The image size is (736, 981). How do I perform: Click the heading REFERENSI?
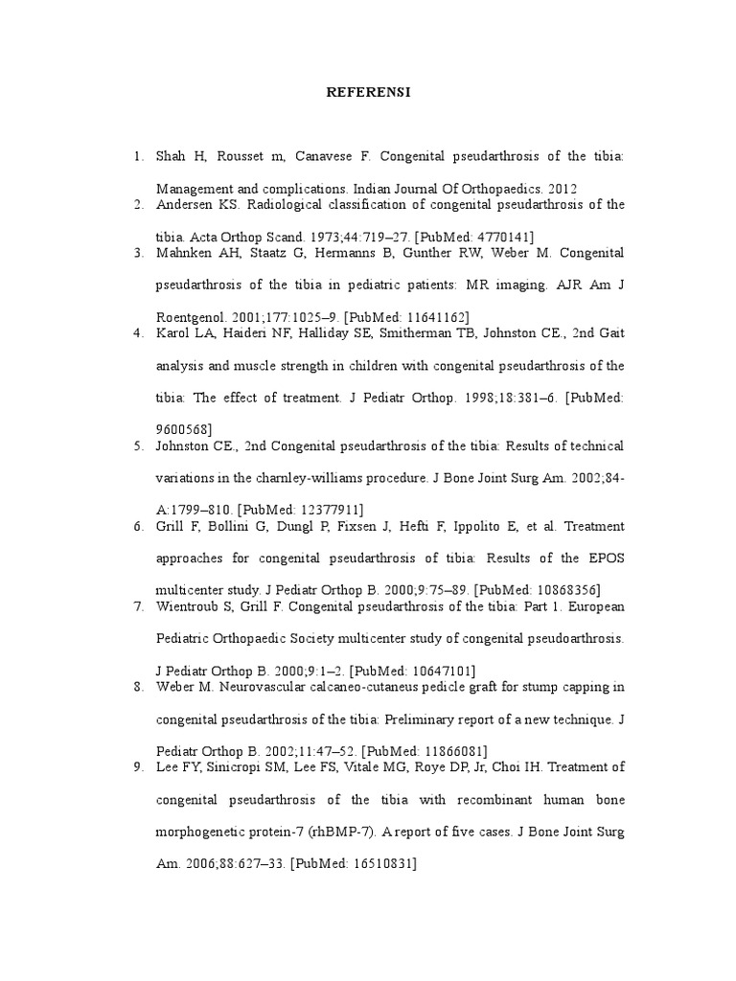(x=368, y=92)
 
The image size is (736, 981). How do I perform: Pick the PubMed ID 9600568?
(x=180, y=428)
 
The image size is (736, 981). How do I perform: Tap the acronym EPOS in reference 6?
(x=605, y=558)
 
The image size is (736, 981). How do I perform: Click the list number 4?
(x=138, y=333)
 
